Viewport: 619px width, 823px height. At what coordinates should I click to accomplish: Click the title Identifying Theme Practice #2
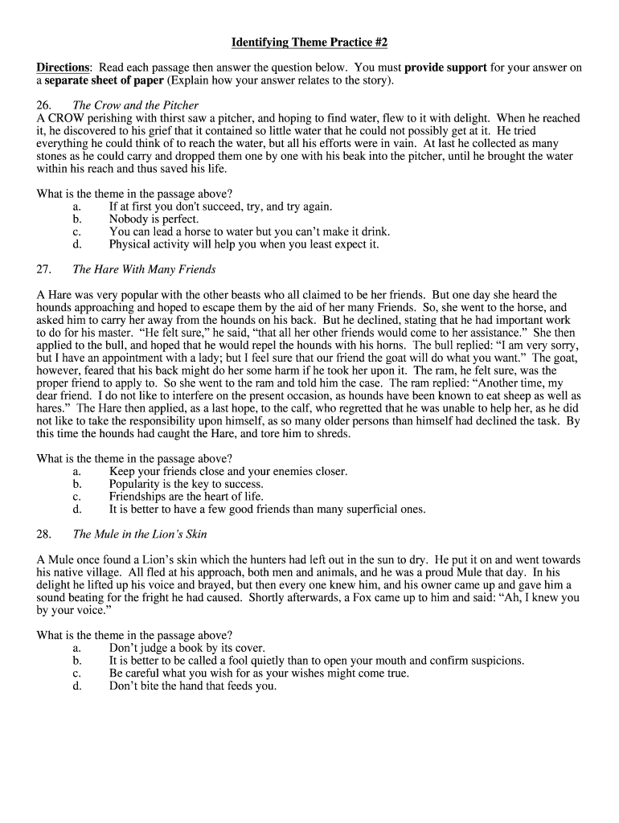(x=309, y=42)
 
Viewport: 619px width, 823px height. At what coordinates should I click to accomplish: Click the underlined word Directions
(x=64, y=68)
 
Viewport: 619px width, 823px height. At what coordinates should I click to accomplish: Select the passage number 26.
(x=44, y=105)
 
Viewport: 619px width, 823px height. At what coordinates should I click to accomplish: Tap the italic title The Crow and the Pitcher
(x=135, y=105)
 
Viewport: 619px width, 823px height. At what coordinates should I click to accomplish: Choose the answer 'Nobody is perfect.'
(x=154, y=219)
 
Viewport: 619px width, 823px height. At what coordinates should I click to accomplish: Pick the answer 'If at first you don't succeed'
(x=209, y=206)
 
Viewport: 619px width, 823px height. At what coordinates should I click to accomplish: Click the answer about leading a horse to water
(x=244, y=231)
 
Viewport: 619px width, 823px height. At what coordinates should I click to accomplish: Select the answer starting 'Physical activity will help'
(x=244, y=244)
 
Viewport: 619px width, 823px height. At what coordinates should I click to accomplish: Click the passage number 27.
(x=44, y=269)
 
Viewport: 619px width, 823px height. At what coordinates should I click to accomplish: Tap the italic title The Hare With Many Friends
(x=144, y=269)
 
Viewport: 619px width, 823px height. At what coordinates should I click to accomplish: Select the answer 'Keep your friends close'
(x=228, y=471)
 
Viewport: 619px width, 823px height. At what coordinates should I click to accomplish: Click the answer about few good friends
(x=267, y=510)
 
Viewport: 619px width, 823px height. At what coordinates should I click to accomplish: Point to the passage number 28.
(x=44, y=534)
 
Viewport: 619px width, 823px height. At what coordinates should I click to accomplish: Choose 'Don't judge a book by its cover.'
(x=187, y=648)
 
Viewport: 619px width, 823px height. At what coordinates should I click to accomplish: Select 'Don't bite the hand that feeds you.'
(x=192, y=686)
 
